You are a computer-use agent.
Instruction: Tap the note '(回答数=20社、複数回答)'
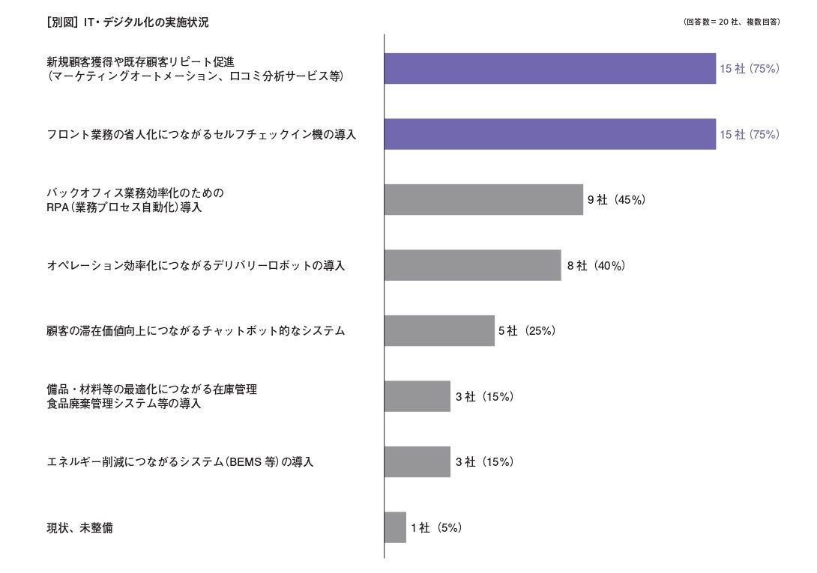(732, 22)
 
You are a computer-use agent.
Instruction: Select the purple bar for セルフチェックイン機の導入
(549, 134)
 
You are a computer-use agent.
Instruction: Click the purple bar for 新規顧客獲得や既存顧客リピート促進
(549, 69)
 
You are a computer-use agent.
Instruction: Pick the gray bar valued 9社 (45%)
(483, 200)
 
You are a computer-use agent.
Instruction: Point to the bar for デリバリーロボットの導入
(472, 265)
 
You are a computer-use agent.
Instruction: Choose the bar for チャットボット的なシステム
(439, 330)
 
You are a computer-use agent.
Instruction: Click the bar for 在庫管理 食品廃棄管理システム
(417, 396)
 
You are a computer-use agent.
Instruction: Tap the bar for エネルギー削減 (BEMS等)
(417, 461)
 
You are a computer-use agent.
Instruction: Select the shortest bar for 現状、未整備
(395, 527)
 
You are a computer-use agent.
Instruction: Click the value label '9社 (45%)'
(616, 200)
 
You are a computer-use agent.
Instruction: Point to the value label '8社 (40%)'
(596, 265)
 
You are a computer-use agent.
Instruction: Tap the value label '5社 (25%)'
(527, 330)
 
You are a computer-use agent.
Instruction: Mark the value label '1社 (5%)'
(436, 527)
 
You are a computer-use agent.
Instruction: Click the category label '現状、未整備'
(79, 528)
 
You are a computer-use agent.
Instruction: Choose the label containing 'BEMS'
(180, 462)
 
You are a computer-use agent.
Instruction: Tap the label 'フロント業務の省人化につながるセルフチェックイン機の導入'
(201, 135)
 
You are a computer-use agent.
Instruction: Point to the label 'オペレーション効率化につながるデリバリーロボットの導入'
(196, 266)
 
